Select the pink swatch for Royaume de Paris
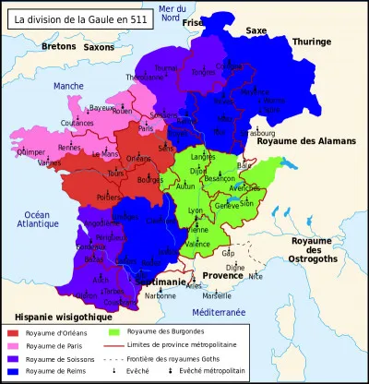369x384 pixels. [13, 345]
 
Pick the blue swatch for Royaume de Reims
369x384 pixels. [13, 372]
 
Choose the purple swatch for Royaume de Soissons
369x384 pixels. [13, 358]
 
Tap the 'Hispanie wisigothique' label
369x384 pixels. [42, 316]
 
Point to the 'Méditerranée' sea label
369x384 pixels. [213, 313]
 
